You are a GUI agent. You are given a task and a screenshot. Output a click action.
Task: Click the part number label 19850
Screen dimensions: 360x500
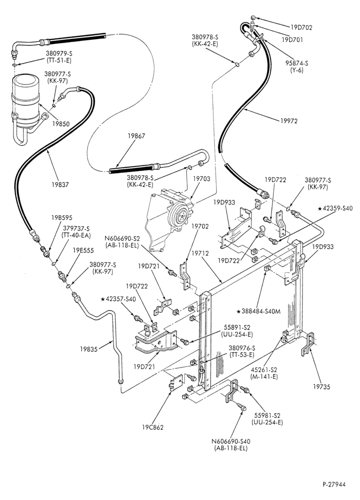pos(60,124)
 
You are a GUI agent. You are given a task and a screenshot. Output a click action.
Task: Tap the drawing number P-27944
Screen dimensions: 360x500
pos(333,484)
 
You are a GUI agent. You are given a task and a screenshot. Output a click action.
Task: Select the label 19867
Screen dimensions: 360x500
pos(136,136)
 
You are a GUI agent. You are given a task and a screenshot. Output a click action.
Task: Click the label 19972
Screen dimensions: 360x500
pos(289,121)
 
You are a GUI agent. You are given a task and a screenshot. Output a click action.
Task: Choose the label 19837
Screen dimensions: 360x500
pos(60,184)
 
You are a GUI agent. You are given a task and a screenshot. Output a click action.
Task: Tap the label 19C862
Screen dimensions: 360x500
pos(152,427)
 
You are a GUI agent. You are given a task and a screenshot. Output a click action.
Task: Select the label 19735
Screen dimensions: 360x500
pos(321,387)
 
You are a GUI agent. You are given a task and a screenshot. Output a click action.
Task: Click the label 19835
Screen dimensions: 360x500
pos(88,349)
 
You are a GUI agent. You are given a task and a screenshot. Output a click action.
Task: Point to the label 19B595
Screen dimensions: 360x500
pos(62,218)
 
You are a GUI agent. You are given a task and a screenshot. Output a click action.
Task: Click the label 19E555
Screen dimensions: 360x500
pos(83,250)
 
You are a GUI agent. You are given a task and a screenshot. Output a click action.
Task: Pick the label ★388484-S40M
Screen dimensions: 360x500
pos(258,311)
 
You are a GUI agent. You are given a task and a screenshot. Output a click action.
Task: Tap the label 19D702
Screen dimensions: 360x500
pos(301,27)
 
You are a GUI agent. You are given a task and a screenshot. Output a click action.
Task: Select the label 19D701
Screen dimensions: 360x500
pos(292,40)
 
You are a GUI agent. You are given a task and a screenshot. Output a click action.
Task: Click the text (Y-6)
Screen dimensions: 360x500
pos(296,70)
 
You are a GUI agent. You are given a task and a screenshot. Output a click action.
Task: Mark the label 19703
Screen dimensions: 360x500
pos(201,178)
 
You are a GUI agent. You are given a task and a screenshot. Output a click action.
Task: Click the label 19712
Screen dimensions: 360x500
pos(200,253)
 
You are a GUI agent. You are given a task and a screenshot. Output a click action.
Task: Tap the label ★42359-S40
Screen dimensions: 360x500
pos(335,208)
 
